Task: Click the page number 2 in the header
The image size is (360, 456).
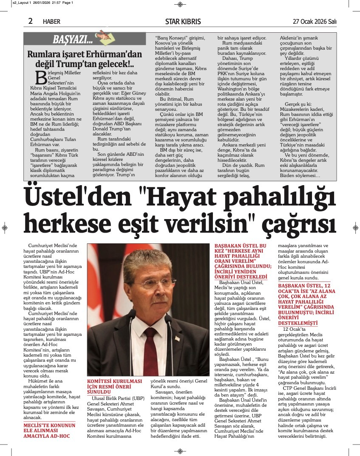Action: (x=31, y=21)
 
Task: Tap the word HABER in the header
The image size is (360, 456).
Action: (x=52, y=22)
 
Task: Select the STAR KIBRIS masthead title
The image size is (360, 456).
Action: (x=183, y=22)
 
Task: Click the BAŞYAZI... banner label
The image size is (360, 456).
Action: (x=73, y=40)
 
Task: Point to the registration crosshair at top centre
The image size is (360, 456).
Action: (x=180, y=5)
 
